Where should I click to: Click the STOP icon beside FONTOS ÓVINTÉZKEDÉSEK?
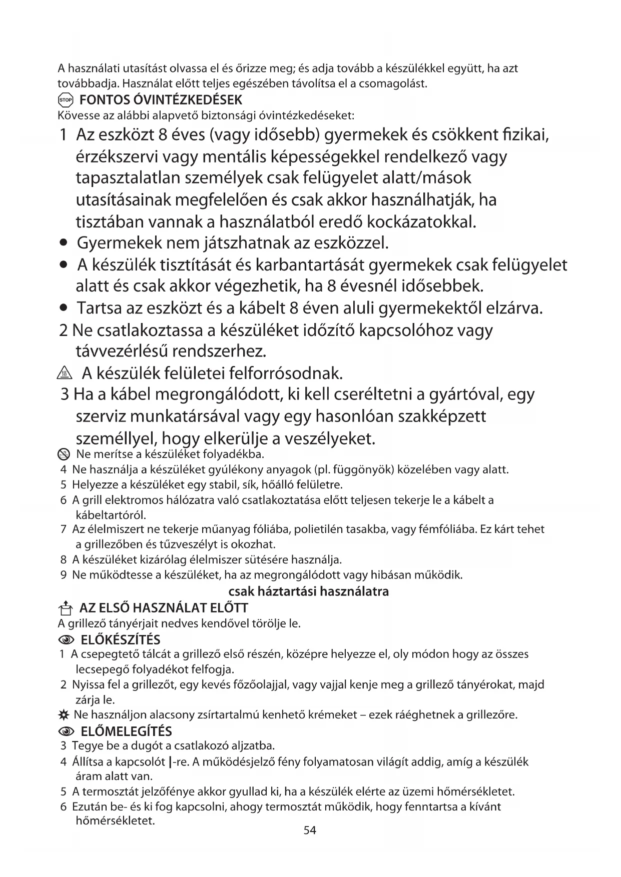pyautogui.click(x=66, y=99)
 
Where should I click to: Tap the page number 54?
pyautogui.click(x=310, y=830)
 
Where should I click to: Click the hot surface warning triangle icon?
pyautogui.click(x=66, y=373)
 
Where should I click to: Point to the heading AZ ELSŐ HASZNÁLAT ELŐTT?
pyautogui.click(x=164, y=608)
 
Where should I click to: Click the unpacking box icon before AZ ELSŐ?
pyautogui.click(x=65, y=608)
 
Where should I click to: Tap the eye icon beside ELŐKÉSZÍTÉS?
pyautogui.click(x=66, y=640)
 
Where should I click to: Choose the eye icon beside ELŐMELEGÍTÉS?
pyautogui.click(x=66, y=732)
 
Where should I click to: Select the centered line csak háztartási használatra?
pyautogui.click(x=308, y=591)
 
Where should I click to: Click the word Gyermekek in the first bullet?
pyautogui.click(x=119, y=243)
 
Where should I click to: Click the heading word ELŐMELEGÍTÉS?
pyautogui.click(x=126, y=731)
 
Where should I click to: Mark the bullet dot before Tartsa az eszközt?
pyautogui.click(x=63, y=308)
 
